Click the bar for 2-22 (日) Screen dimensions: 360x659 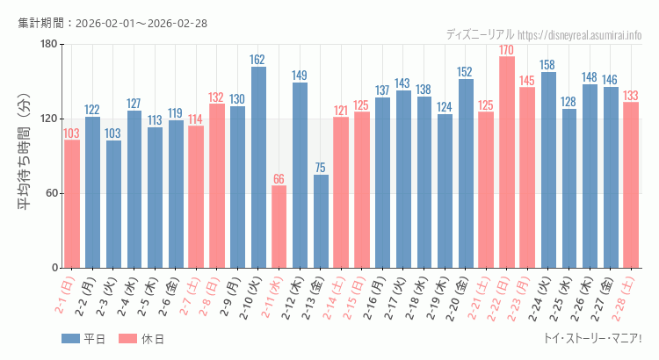click(507, 162)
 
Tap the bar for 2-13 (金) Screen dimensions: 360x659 click(321, 221)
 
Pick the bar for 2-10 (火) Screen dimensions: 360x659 click(258, 167)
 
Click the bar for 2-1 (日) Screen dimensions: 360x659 click(72, 204)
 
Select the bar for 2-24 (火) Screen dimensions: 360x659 click(548, 169)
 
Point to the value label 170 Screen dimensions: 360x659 click(507, 50)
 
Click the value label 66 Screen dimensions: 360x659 click(279, 179)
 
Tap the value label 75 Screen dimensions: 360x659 click(321, 168)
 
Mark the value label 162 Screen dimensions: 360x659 click(258, 60)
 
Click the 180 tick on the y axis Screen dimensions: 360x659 click(48, 44)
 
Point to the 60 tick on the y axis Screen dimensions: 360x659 click(51, 193)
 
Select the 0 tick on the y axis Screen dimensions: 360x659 click(54, 268)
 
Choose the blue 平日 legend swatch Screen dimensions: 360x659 click(71, 339)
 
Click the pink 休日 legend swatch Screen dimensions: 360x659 click(127, 339)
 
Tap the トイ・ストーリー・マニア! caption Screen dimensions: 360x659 click(593, 338)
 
